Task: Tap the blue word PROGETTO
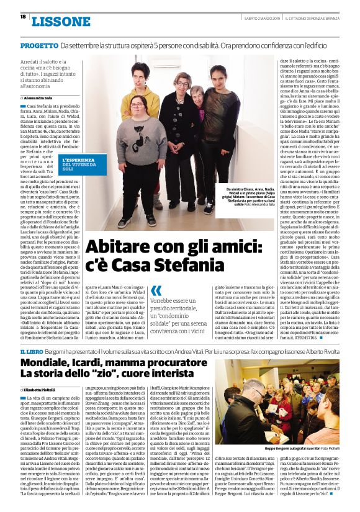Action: (40, 46)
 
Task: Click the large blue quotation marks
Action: (156, 290)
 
